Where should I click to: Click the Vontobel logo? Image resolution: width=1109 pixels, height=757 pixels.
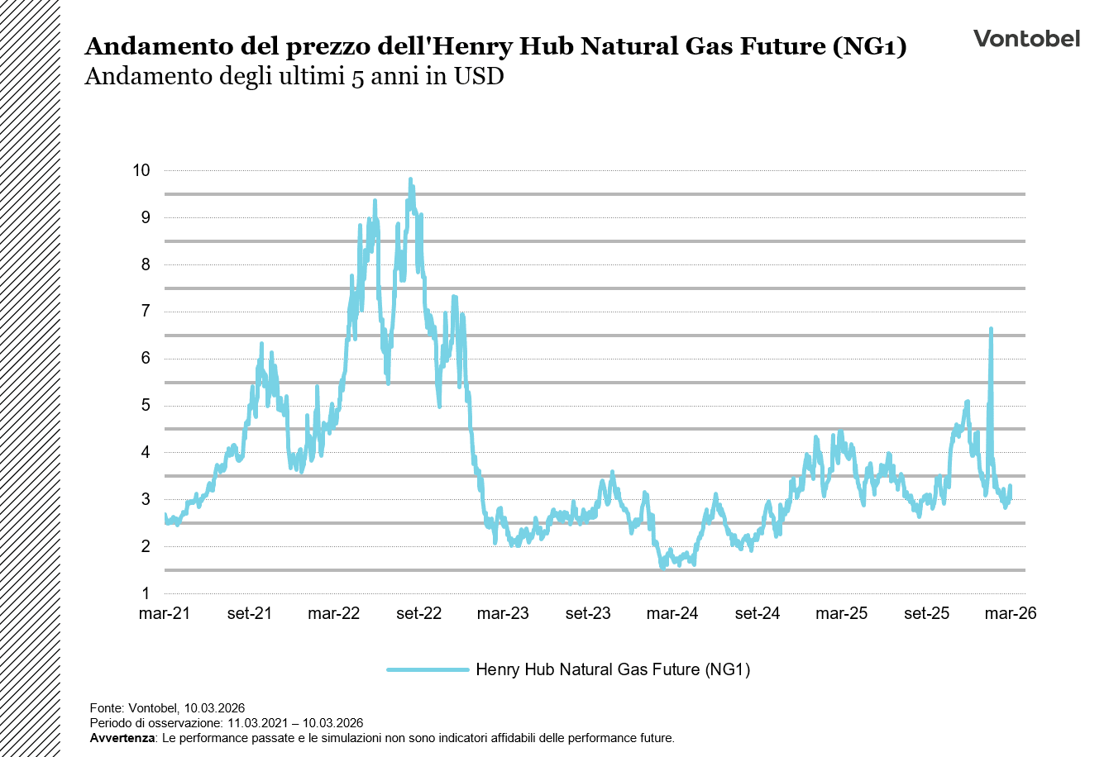(x=1025, y=39)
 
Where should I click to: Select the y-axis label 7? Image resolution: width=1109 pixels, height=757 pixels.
(x=145, y=312)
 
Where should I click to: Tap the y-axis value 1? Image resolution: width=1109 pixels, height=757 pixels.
(x=145, y=593)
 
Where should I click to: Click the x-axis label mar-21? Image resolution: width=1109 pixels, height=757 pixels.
(x=165, y=614)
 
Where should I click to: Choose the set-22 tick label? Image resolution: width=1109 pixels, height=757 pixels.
(x=418, y=614)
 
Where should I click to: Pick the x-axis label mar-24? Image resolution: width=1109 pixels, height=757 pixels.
(x=672, y=614)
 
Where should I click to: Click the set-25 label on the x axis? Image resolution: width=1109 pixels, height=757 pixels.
(x=926, y=614)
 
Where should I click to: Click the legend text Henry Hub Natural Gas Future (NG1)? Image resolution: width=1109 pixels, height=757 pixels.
(x=613, y=669)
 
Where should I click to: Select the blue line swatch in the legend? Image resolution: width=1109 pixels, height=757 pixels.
(x=428, y=669)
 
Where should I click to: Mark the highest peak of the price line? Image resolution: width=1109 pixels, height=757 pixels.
(x=410, y=179)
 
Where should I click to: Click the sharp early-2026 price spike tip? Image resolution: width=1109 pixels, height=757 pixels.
(x=991, y=329)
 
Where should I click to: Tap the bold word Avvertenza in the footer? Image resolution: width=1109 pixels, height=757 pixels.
(x=122, y=738)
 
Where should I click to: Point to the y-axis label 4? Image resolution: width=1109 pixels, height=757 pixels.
(x=145, y=452)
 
